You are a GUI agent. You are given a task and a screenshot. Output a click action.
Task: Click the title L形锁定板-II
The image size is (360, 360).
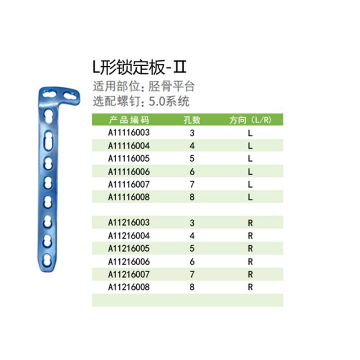pos(139,67)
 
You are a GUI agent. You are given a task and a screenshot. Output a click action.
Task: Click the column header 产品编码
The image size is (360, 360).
pos(129,120)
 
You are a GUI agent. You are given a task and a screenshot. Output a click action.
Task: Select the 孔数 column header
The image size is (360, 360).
pos(192,120)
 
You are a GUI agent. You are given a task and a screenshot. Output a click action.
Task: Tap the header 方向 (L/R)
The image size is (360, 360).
pos(250,120)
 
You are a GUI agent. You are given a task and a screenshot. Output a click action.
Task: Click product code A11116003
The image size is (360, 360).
pos(129,132)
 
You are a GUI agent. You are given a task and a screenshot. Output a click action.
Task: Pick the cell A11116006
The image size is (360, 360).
pos(129,171)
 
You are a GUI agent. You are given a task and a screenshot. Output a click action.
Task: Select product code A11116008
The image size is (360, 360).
pos(129,197)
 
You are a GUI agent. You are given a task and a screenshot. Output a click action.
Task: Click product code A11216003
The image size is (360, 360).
pos(129,222)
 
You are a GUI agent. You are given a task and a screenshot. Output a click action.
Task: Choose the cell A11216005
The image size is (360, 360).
pos(129,248)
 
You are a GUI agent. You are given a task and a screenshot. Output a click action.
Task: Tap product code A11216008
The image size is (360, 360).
pos(129,287)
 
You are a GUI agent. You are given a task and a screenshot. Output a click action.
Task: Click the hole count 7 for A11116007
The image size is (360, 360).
pos(192,184)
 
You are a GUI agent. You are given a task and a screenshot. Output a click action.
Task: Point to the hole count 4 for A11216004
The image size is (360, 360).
pos(192,236)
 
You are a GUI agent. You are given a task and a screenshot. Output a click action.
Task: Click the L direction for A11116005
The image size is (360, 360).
pos(250,159)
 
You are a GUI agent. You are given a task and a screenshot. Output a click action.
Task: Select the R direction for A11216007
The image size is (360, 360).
pos(250,274)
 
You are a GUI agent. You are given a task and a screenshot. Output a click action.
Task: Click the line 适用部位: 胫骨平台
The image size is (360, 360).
pos(144,86)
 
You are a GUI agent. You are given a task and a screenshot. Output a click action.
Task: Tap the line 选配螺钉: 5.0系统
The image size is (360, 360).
pos(141,101)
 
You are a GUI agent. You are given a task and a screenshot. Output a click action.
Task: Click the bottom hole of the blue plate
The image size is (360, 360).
pos(47,260)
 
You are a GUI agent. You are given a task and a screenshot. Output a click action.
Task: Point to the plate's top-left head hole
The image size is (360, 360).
pos(50,94)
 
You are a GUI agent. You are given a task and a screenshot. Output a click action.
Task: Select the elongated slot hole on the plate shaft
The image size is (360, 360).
pos(48,140)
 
